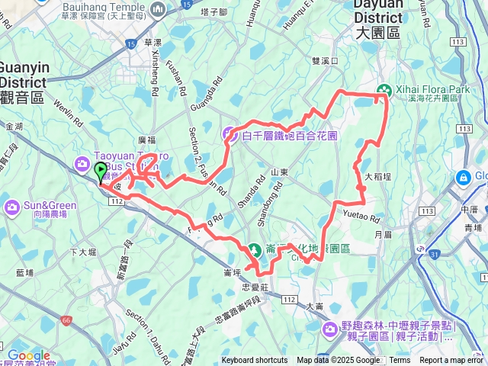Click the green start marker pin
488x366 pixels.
[101, 172]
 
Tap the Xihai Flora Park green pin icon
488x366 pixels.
[384, 90]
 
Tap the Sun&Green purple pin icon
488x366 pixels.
[12, 206]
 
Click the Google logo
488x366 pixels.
[28, 356]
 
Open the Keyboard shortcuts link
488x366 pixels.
[255, 361]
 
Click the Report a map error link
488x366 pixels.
[451, 361]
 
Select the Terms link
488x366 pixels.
[400, 361]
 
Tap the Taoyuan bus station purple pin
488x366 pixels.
[82, 163]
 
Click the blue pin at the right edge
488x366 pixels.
[462, 178]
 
